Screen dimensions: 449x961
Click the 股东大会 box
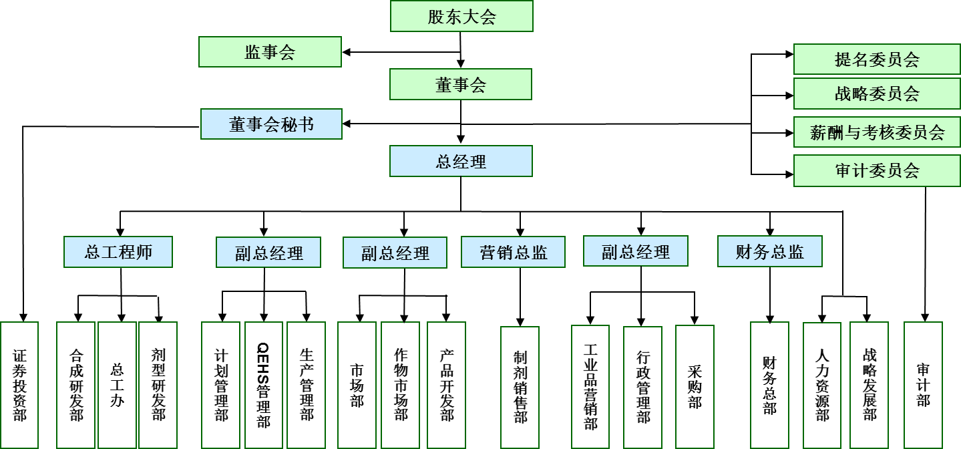[461, 16]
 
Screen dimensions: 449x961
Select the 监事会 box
[270, 52]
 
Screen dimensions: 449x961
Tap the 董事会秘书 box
[271, 124]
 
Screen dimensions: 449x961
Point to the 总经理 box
[461, 162]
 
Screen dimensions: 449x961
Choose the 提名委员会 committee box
[877, 59]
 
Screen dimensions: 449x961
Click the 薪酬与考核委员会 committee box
[877, 132]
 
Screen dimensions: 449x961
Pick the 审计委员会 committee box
[877, 171]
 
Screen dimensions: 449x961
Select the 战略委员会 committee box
[877, 94]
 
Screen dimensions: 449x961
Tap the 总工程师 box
[118, 252]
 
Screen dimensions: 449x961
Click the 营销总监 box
[513, 252]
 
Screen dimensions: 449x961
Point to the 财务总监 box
[769, 252]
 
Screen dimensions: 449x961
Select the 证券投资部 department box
[19, 385]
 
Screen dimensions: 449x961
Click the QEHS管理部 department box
[263, 385]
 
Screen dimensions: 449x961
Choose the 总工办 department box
[118, 385]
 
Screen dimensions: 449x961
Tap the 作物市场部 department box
[401, 385]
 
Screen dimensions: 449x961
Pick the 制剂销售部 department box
[520, 388]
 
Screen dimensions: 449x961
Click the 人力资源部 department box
[822, 386]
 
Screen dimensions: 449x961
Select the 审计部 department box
[924, 385]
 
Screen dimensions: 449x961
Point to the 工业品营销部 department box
[590, 388]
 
